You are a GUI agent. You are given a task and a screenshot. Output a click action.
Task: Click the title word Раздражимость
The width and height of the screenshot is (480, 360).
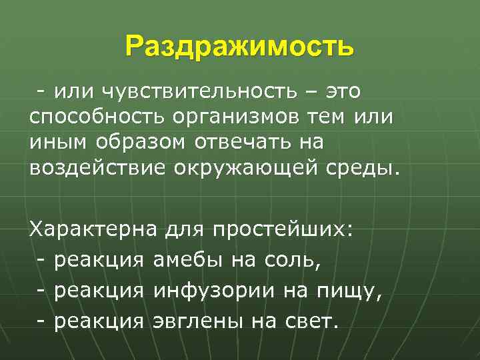(x=239, y=47)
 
